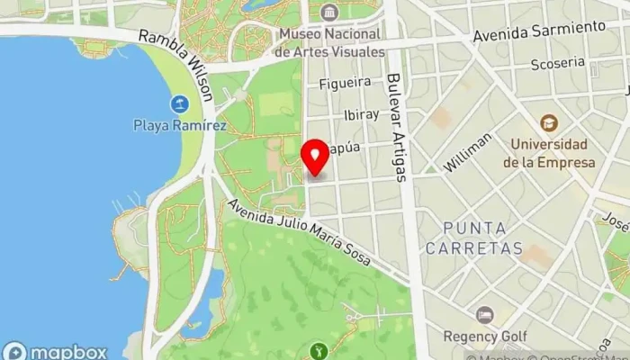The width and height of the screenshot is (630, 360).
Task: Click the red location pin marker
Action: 315,157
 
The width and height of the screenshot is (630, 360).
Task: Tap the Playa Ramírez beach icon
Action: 180,103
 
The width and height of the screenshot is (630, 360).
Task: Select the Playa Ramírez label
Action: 180,125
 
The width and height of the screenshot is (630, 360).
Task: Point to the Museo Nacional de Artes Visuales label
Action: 329,42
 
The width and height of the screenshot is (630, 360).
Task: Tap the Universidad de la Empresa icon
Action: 549,122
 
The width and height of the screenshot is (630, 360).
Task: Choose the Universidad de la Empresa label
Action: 549,153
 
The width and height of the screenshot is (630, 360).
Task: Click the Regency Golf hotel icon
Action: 485,315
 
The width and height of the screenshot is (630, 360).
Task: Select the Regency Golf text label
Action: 484,337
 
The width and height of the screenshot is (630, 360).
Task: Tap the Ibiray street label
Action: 362,115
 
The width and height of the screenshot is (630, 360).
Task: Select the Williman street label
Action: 468,152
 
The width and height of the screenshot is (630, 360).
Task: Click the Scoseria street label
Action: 557,63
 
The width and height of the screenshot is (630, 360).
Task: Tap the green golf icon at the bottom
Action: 317,350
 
